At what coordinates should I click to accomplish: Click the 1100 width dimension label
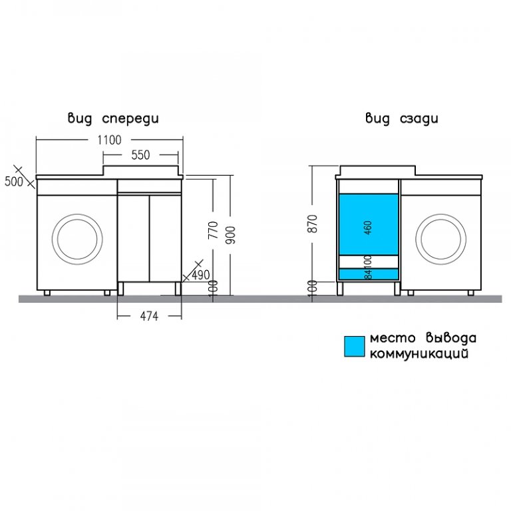coord(110,140)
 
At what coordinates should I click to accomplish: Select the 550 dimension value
coord(140,155)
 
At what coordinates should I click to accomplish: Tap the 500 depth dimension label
coord(14,182)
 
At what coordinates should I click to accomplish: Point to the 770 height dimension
coord(213,230)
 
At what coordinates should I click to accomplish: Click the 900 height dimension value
coord(230,235)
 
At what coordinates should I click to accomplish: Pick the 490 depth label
coord(200,275)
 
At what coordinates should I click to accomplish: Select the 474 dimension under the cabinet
coord(149,316)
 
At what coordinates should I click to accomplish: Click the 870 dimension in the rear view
coord(312,224)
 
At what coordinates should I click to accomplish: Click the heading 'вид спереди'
coord(113,118)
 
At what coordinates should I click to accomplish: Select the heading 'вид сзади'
coord(402,118)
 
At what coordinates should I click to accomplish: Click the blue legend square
coord(355,347)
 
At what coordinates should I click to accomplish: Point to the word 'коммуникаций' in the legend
coord(419,353)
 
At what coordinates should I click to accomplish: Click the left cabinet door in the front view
coord(134,238)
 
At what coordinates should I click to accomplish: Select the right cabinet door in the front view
coord(165,238)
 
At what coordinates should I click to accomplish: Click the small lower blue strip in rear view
coord(369,273)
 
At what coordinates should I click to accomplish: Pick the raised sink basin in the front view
coord(141,170)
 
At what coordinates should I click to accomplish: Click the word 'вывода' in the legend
coord(451,338)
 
